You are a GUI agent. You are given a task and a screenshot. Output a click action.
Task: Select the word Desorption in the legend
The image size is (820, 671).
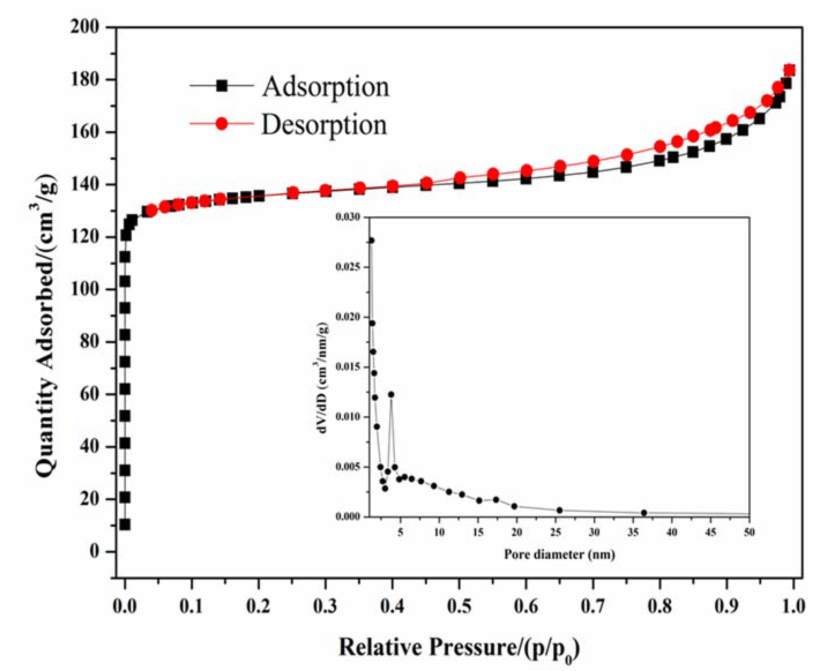pyautogui.click(x=324, y=124)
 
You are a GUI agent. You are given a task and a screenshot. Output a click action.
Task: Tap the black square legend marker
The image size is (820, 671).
pyautogui.click(x=222, y=85)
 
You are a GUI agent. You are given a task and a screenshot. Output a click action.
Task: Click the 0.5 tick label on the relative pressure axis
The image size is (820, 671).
pyautogui.click(x=459, y=606)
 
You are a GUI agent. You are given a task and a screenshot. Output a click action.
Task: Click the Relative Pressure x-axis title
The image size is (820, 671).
pyautogui.click(x=459, y=647)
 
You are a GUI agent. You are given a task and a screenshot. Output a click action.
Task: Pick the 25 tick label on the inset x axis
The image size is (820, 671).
pyautogui.click(x=556, y=532)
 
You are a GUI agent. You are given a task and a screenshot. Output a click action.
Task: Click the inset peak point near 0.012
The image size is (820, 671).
pyautogui.click(x=391, y=394)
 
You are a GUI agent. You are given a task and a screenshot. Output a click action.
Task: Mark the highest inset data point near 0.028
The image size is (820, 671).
pyautogui.click(x=371, y=240)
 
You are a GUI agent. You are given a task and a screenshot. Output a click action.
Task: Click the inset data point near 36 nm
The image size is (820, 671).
pyautogui.click(x=644, y=513)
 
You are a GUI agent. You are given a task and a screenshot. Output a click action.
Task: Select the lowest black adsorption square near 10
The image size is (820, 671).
pyautogui.click(x=125, y=524)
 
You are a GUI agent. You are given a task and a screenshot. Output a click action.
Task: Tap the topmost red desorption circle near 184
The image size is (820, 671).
pyautogui.click(x=789, y=70)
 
